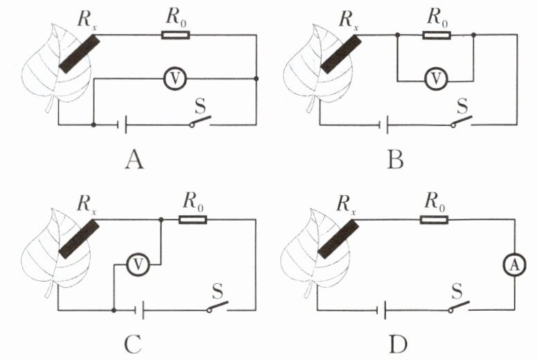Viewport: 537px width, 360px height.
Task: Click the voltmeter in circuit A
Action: pyautogui.click(x=176, y=79)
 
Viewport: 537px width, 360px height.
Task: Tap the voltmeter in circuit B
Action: pyautogui.click(x=435, y=80)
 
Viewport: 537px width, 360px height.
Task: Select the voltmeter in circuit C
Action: pyautogui.click(x=138, y=263)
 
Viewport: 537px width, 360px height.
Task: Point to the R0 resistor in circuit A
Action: pyautogui.click(x=174, y=35)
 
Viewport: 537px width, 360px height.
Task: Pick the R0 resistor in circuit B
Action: pyautogui.click(x=435, y=35)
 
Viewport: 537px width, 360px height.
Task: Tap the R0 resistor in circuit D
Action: pyautogui.click(x=434, y=219)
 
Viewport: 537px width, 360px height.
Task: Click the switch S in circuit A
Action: pyautogui.click(x=201, y=123)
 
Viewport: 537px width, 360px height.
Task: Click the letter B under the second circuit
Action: pyautogui.click(x=396, y=161)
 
